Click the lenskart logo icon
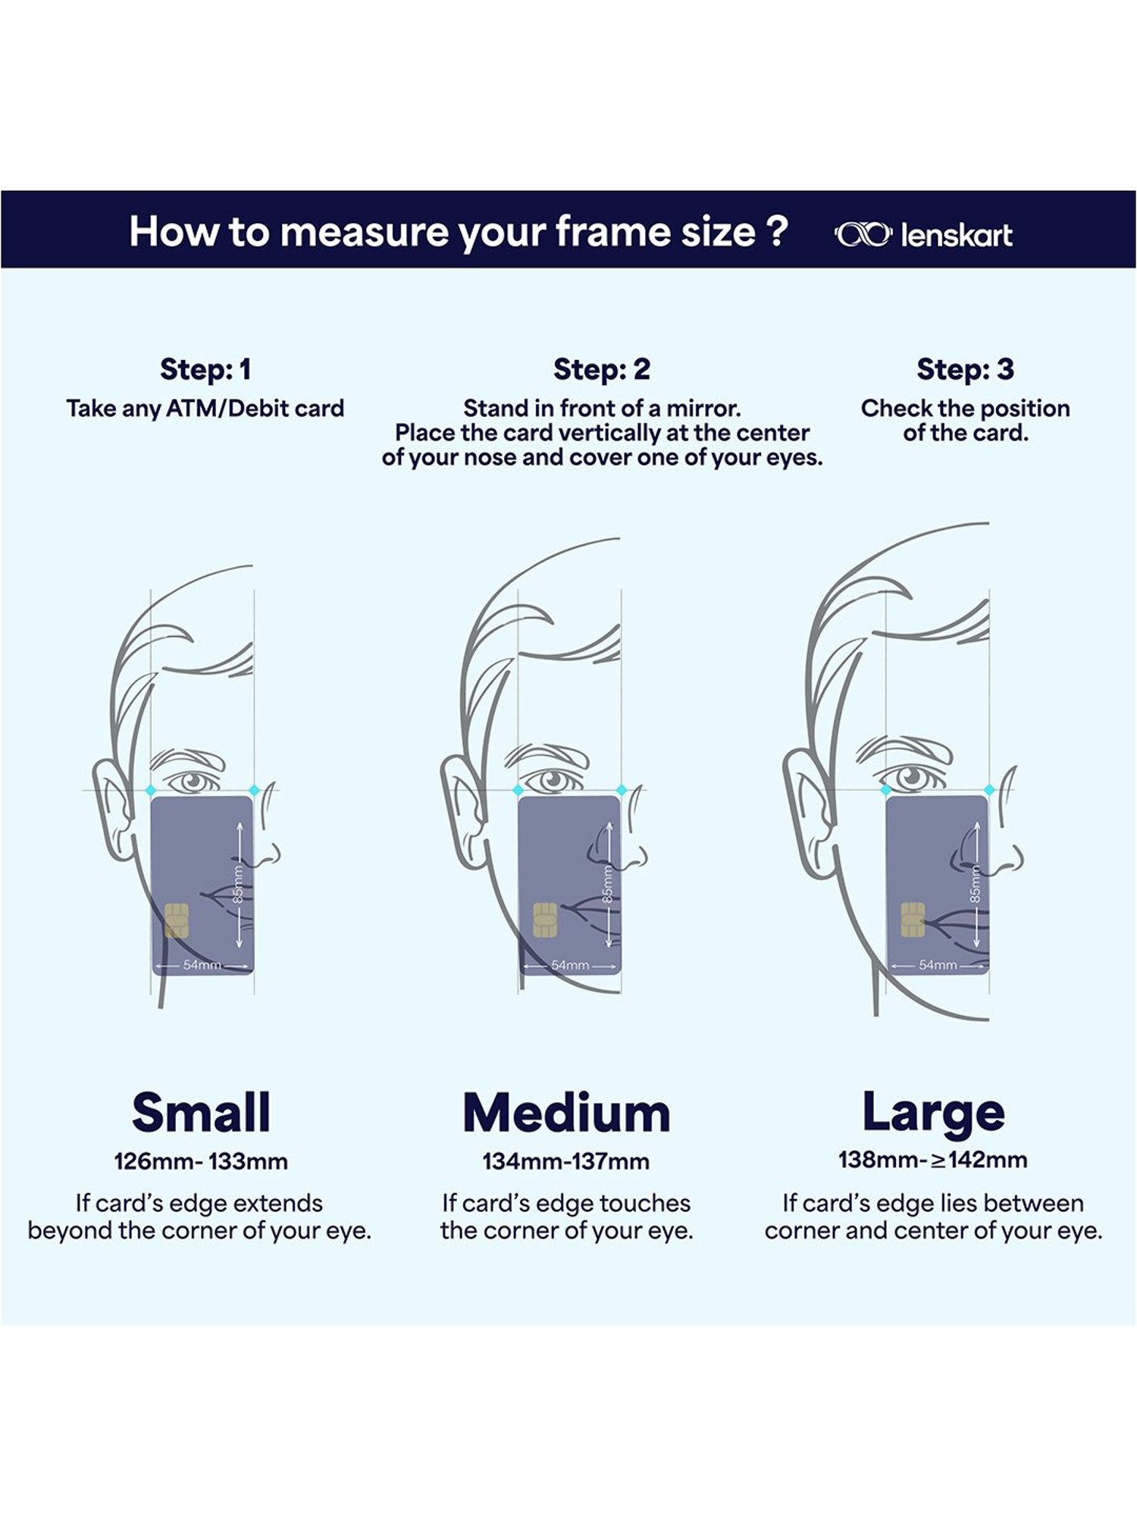point(863,235)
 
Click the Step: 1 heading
point(205,370)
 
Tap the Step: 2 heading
point(602,370)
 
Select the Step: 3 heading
point(965,370)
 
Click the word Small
point(201,1113)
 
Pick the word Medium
point(567,1114)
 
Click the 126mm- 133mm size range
point(201,1162)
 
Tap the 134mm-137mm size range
point(566,1162)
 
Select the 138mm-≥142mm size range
point(933,1160)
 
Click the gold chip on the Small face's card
point(177,920)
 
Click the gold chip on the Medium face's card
point(545,920)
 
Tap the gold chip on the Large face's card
point(913,920)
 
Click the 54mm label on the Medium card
point(570,965)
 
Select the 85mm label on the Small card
point(239,885)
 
